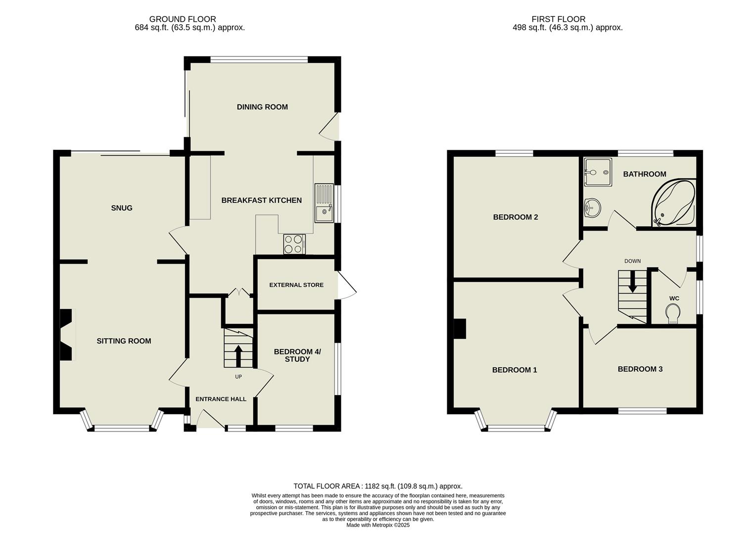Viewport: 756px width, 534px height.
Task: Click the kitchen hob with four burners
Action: (294, 244)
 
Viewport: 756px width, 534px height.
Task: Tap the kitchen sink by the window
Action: (325, 203)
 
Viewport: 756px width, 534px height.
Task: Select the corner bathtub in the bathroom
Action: (674, 203)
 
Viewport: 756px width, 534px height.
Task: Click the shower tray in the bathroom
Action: (598, 172)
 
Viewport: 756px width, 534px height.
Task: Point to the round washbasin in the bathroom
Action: (591, 208)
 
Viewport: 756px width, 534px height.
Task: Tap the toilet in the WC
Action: (673, 313)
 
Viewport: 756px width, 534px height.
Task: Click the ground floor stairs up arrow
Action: (238, 355)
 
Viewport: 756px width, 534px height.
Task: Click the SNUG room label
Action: (122, 208)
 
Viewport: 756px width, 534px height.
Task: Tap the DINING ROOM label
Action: (262, 107)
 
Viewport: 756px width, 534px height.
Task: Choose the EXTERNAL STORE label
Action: (296, 285)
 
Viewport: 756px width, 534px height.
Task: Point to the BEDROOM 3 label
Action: (640, 369)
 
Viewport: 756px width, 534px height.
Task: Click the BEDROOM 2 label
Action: (515, 217)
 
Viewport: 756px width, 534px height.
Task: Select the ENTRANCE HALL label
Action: (221, 399)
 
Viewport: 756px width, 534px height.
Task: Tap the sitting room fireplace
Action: (66, 335)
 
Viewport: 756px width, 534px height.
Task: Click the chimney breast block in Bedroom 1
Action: (460, 329)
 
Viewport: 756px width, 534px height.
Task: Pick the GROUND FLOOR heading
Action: (183, 19)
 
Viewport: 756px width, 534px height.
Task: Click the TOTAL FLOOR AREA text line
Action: (378, 486)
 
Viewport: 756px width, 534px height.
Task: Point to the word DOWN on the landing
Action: (632, 261)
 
